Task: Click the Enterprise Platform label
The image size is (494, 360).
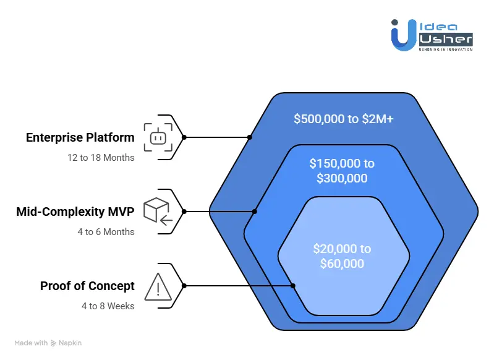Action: point(80,137)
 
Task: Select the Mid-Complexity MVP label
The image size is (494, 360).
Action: point(75,212)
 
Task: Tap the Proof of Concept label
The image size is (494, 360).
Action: point(87,286)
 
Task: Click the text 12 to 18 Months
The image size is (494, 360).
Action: point(101,157)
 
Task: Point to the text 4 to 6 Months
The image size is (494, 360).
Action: point(106,232)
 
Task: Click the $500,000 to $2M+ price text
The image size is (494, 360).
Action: point(343,118)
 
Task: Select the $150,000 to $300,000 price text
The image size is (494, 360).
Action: point(342,171)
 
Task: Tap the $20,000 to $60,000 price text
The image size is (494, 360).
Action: point(342,256)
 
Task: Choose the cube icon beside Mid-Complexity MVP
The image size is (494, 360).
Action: point(156,211)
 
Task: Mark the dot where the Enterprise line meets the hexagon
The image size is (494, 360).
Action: point(249,137)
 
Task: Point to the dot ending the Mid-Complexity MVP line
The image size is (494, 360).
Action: point(255,211)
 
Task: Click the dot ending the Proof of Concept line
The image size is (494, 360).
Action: point(293,286)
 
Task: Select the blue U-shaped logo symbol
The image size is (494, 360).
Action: point(404,35)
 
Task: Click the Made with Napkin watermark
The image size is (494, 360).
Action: point(48,343)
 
